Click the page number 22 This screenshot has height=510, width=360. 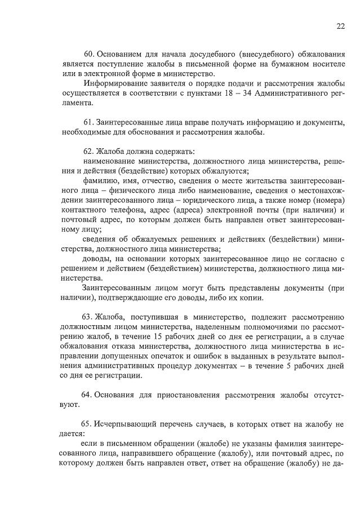tap(341, 26)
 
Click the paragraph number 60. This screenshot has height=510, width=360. tap(89, 55)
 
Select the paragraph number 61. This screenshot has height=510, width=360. tap(89, 122)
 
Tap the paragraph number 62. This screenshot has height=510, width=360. tap(89, 151)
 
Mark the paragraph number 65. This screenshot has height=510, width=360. tap(89, 422)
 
